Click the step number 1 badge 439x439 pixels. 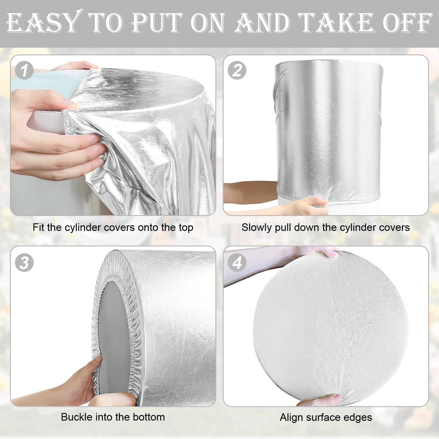point(24,71)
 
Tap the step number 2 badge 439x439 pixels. point(237,71)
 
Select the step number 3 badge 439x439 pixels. point(24,263)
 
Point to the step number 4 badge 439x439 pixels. point(237,263)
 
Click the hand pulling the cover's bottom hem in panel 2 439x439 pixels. point(310,203)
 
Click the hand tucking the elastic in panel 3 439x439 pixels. point(85,380)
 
